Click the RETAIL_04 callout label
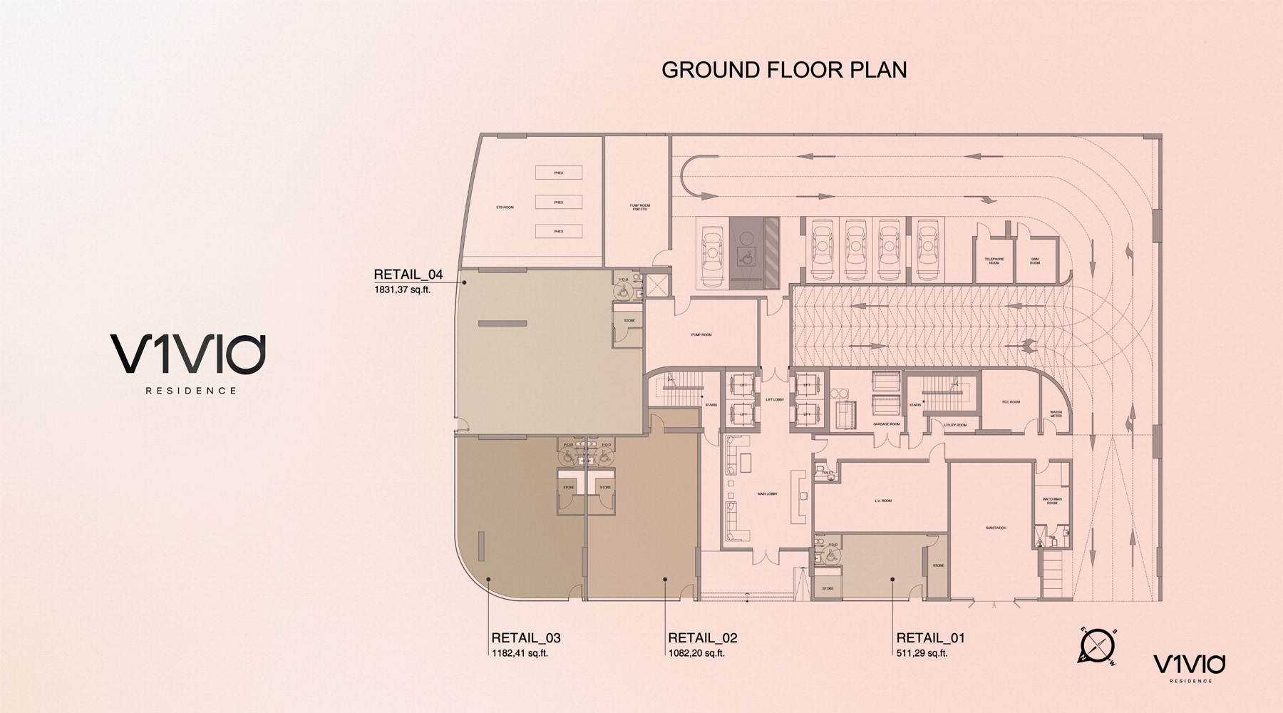click(x=408, y=275)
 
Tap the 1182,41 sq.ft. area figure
click(x=520, y=653)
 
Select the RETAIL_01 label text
click(x=930, y=638)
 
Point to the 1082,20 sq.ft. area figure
click(x=696, y=653)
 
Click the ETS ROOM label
click(x=505, y=207)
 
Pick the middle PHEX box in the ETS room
click(x=559, y=202)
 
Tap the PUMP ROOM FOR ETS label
click(x=639, y=207)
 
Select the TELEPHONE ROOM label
click(x=994, y=261)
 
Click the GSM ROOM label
click(x=1034, y=261)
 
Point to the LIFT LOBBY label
click(x=774, y=399)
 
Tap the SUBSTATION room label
click(x=996, y=528)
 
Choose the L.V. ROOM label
click(x=882, y=501)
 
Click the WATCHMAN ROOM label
click(x=1051, y=501)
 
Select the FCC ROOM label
click(x=1011, y=402)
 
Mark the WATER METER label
click(x=1056, y=414)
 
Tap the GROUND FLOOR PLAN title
click(x=784, y=70)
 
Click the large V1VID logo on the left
click(x=188, y=354)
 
